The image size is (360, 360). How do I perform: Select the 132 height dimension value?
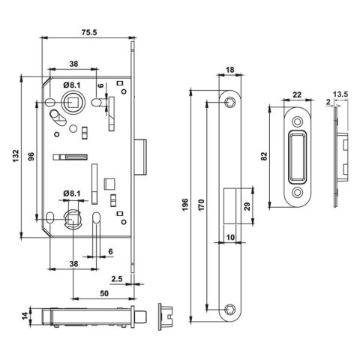click(x=16, y=156)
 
